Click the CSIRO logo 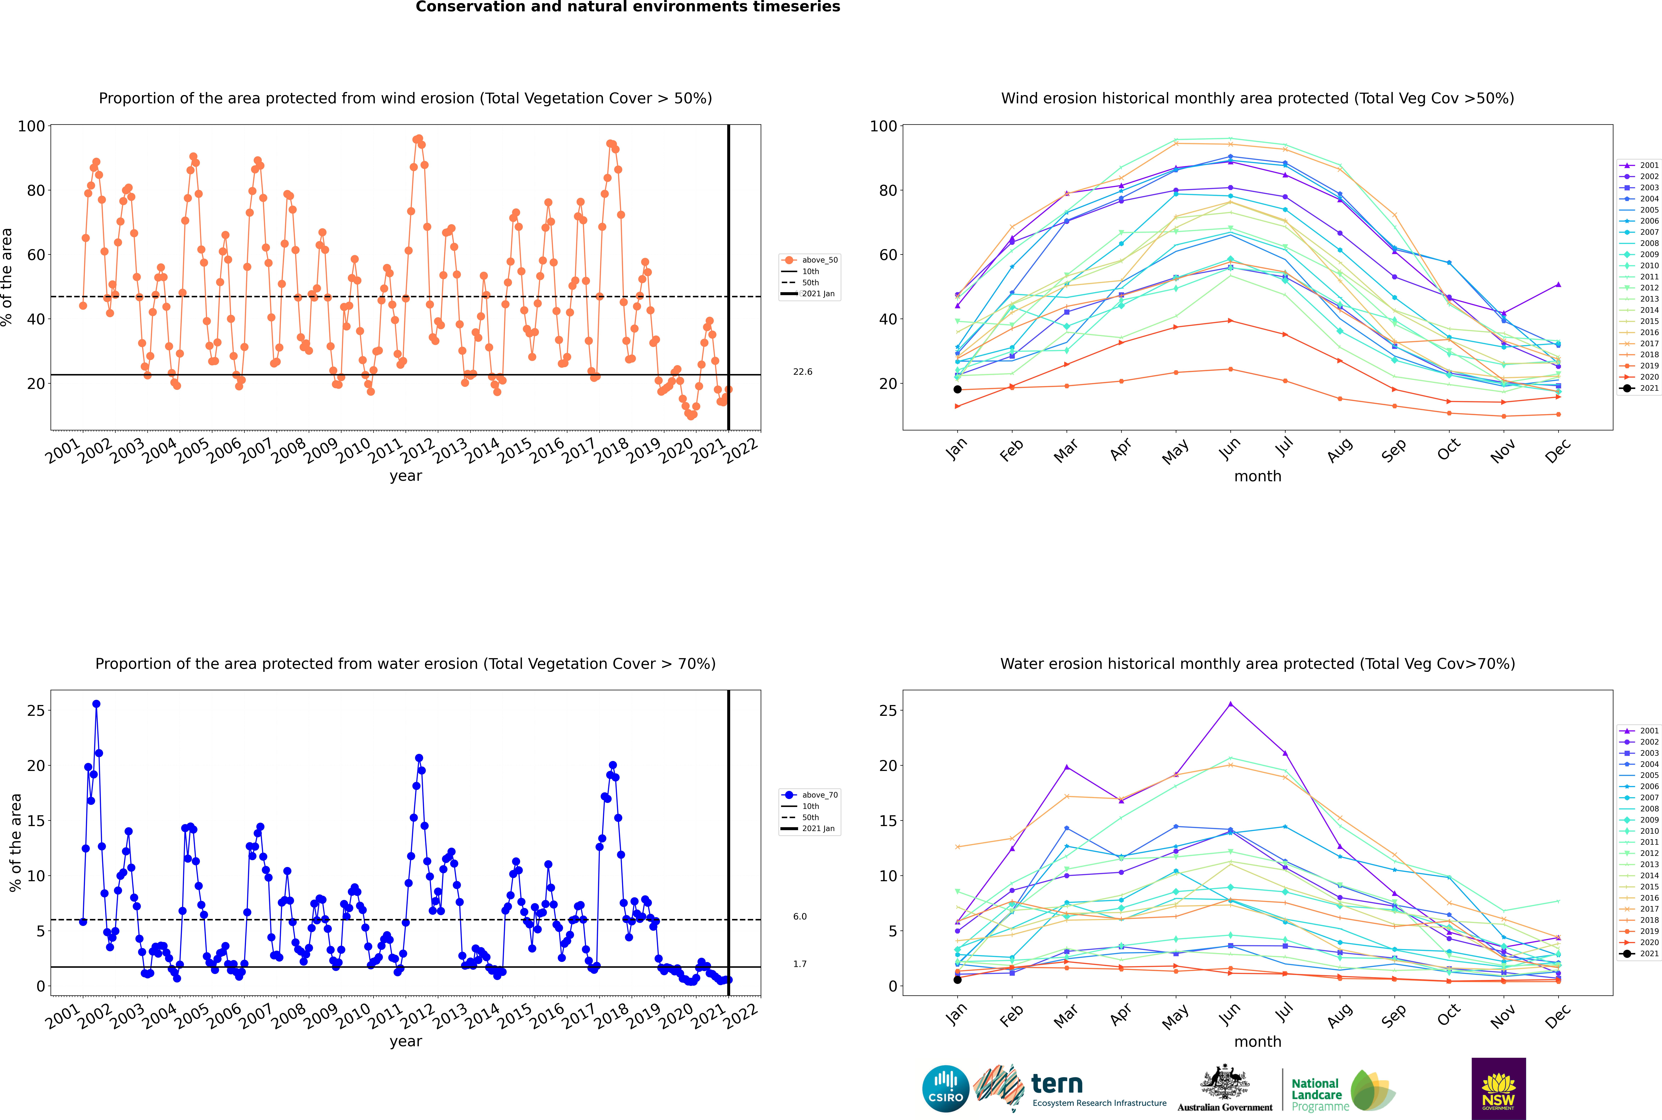(x=945, y=1089)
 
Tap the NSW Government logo (x=1498, y=1089)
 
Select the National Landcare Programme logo (x=1343, y=1090)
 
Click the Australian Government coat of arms (x=1225, y=1083)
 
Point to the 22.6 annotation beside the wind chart (x=802, y=371)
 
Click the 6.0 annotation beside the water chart (x=800, y=916)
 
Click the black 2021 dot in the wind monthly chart (x=958, y=389)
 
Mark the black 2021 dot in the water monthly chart (x=958, y=979)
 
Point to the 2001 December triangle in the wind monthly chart (x=1558, y=284)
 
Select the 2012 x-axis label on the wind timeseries (x=417, y=451)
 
